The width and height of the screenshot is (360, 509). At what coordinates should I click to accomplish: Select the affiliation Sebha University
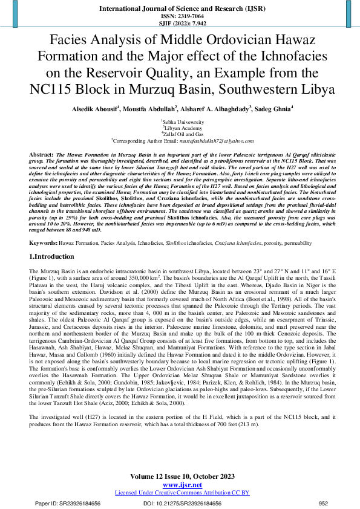pyautogui.click(x=180, y=122)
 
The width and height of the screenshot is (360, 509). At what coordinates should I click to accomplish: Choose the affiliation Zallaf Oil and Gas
pyautogui.click(x=180, y=134)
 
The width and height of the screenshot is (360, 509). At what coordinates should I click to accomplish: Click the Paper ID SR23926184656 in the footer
pyautogui.click(x=67, y=503)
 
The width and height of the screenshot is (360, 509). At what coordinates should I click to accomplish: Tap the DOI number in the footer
pyautogui.click(x=182, y=503)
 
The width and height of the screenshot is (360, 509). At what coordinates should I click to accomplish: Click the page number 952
pyautogui.click(x=322, y=503)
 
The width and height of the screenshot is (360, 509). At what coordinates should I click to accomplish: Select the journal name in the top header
pyautogui.click(x=180, y=9)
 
